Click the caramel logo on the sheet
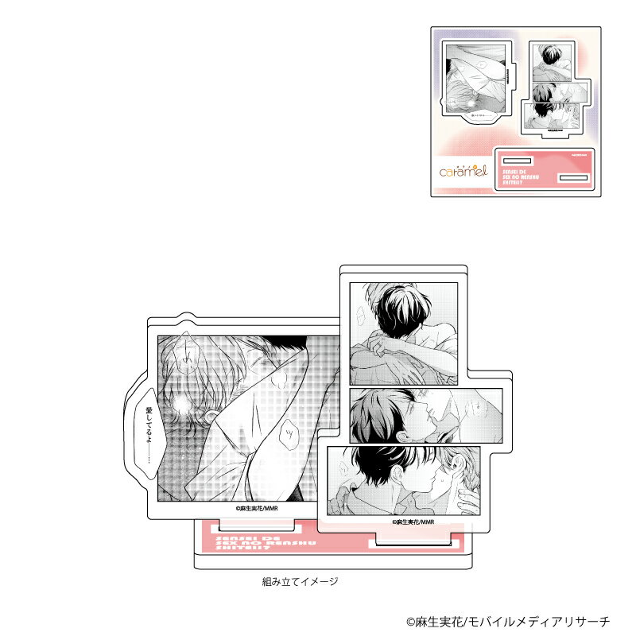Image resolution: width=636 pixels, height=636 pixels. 463,171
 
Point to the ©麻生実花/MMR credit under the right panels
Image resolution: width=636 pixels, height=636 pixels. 412,523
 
